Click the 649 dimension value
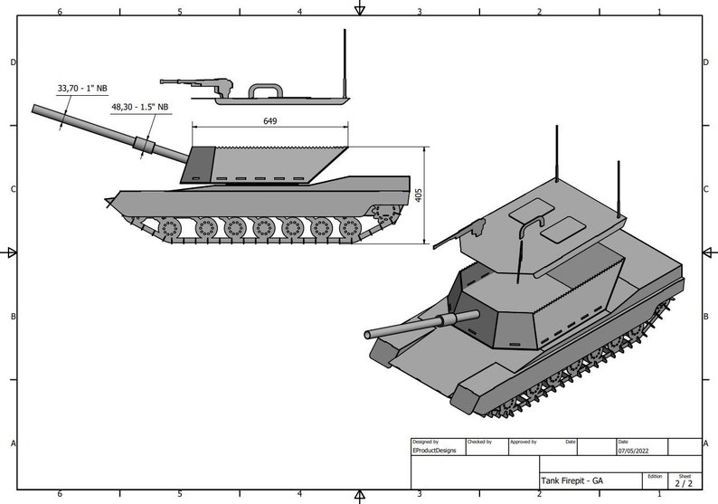click(269, 120)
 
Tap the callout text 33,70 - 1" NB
click(82, 88)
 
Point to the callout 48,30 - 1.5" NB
click(140, 107)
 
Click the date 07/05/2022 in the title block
click(633, 450)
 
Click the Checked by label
click(479, 442)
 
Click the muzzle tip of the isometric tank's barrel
click(368, 335)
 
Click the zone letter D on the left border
click(12, 62)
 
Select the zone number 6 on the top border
click(60, 12)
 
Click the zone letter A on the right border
click(706, 443)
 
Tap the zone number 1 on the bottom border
click(659, 495)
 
